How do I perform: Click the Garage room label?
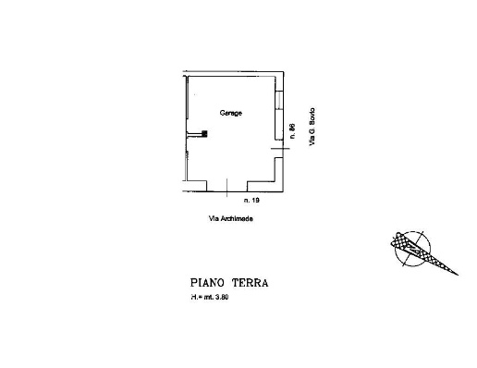point(231,113)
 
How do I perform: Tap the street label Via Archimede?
point(231,218)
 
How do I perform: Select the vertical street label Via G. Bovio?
point(312,127)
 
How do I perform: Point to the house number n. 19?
point(251,200)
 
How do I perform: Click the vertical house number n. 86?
point(292,131)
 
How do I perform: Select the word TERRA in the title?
point(250,283)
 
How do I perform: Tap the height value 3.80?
point(222,298)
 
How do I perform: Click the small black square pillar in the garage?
point(204,133)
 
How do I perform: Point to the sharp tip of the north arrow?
point(458,275)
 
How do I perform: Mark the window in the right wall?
point(279,100)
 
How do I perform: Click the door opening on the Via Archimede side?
point(226,186)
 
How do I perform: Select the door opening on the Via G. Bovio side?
point(279,149)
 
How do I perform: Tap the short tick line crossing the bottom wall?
point(226,188)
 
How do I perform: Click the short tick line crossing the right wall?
point(280,149)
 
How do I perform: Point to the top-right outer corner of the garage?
point(284,72)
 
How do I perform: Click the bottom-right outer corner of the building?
point(283,191)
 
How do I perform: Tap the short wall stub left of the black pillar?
point(194,134)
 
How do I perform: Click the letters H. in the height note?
point(194,298)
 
